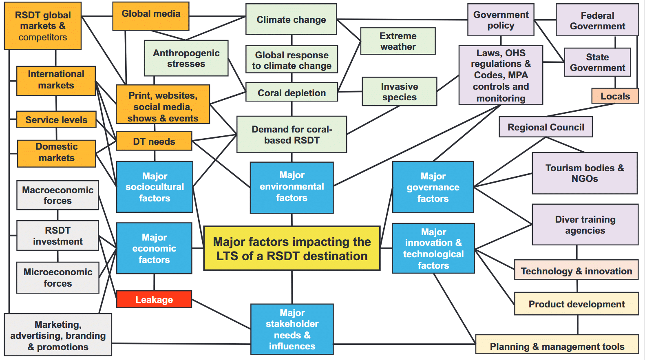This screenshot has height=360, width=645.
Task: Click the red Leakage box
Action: click(154, 299)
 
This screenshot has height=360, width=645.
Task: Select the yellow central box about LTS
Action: click(292, 249)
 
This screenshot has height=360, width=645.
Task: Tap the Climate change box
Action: click(291, 20)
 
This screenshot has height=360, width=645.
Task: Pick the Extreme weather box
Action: click(398, 41)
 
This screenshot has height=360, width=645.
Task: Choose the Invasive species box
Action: click(399, 92)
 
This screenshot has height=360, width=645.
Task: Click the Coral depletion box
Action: click(292, 93)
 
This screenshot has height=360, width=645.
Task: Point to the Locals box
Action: click(615, 96)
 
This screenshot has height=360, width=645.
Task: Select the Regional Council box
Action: click(546, 127)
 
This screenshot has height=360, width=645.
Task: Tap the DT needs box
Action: click(154, 141)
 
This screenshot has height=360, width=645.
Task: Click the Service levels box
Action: click(56, 120)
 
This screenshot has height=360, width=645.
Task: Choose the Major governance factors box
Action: click(433, 187)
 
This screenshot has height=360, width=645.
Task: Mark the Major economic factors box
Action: click(154, 248)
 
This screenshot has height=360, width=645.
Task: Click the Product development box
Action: click(577, 304)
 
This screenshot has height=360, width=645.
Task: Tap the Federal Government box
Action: click(597, 20)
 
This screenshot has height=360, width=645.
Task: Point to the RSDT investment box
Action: click(57, 236)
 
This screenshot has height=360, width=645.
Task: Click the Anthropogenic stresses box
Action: click(186, 58)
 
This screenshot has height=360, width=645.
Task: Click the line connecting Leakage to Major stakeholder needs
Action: click(221, 314)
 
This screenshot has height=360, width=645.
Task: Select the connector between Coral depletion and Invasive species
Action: click(350, 92)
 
